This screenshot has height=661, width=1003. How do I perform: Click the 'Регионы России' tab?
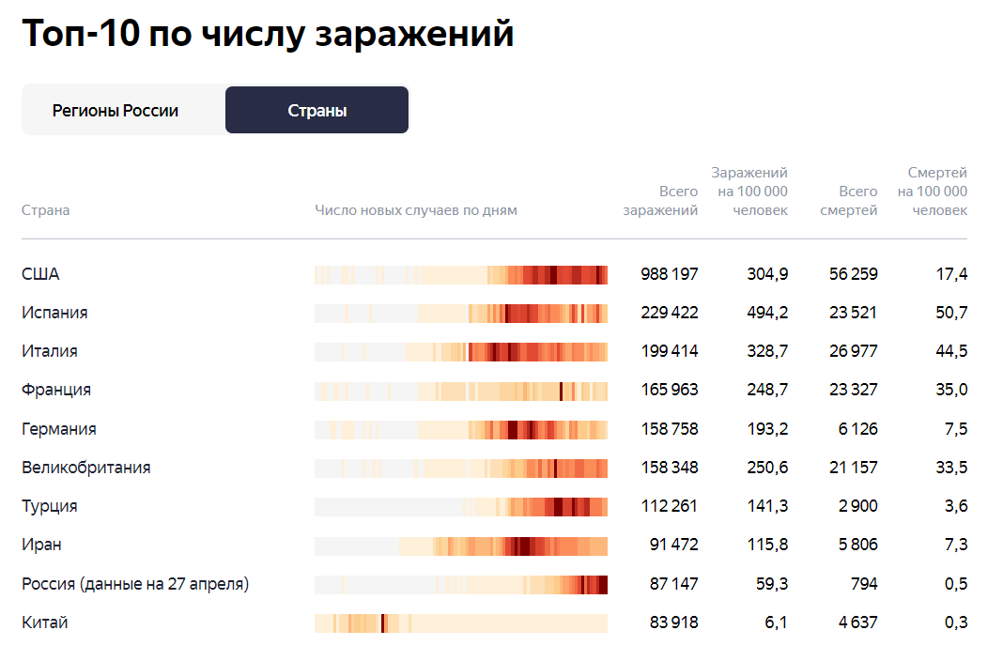click(x=116, y=111)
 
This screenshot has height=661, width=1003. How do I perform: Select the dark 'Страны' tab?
click(x=316, y=111)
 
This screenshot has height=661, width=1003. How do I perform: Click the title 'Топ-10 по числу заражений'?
click(x=268, y=34)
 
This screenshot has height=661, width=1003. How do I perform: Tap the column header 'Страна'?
click(x=45, y=210)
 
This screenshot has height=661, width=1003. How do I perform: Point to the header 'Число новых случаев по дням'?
click(x=416, y=210)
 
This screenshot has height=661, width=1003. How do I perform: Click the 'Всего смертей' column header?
click(x=848, y=201)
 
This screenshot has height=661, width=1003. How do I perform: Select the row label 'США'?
click(x=40, y=274)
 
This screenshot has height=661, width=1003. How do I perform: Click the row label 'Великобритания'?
click(x=85, y=468)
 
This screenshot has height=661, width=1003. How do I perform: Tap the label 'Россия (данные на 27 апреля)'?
click(x=135, y=584)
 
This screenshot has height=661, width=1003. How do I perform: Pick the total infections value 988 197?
click(x=669, y=274)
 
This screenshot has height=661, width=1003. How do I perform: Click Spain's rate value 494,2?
click(x=766, y=313)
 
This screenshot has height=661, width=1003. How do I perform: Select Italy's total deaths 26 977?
click(x=853, y=351)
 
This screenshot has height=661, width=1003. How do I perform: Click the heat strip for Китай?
click(x=460, y=623)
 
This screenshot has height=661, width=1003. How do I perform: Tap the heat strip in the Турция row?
click(x=460, y=507)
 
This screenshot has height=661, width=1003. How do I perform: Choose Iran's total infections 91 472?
click(x=673, y=545)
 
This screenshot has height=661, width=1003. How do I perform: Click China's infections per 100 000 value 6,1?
click(x=776, y=623)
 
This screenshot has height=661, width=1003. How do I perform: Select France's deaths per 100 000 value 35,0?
click(x=950, y=390)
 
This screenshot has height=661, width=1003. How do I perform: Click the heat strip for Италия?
click(x=460, y=352)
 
